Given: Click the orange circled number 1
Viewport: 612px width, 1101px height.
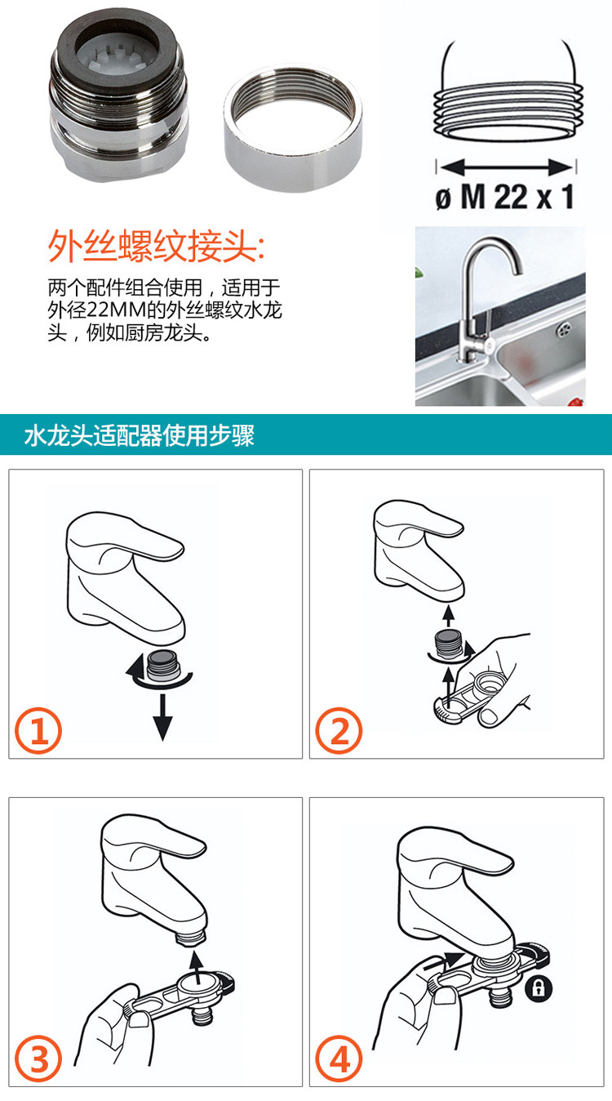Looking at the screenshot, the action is (39, 730).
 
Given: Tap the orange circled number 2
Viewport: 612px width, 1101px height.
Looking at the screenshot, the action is (339, 730).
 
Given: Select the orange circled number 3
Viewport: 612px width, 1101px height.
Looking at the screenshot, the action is (39, 1059).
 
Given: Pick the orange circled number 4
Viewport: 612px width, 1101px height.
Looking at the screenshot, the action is (339, 1059).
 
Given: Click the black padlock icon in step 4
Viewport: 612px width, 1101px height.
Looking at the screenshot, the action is (539, 987).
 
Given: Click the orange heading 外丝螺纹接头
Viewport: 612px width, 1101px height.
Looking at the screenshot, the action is (156, 245).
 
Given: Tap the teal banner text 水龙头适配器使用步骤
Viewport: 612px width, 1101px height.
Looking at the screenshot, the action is (139, 435).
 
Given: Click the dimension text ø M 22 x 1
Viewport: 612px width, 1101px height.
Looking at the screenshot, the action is (504, 197).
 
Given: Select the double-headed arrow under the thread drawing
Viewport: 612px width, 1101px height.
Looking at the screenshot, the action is (506, 167).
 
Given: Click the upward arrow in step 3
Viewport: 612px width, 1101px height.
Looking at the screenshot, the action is (197, 967).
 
